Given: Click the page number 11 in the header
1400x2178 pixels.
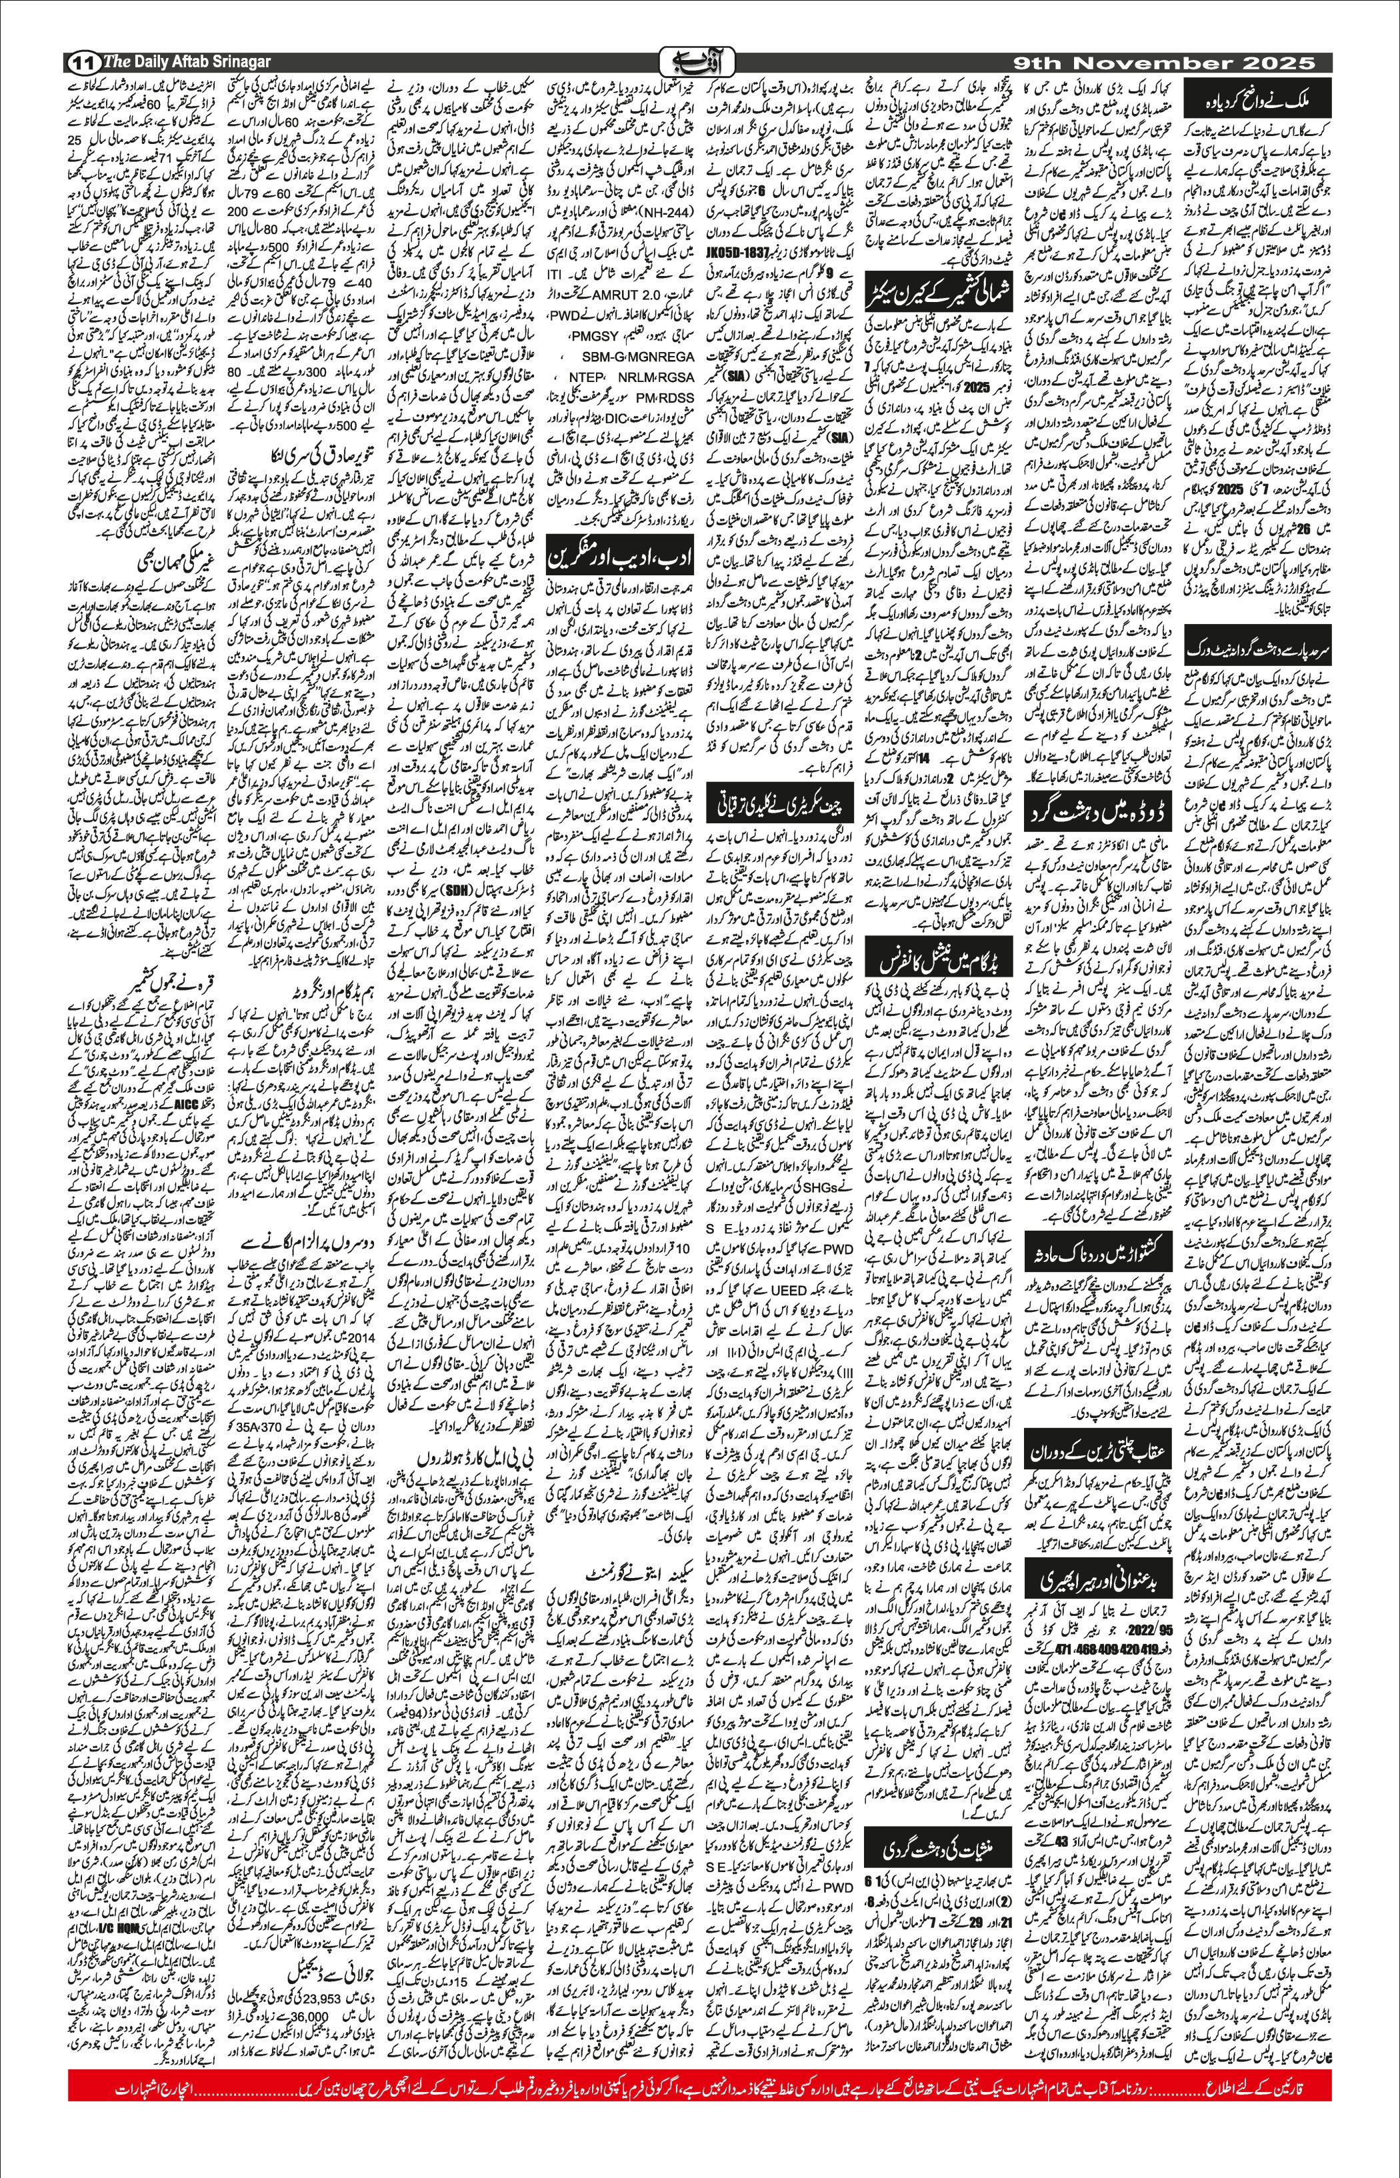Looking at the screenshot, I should coord(83,63).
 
